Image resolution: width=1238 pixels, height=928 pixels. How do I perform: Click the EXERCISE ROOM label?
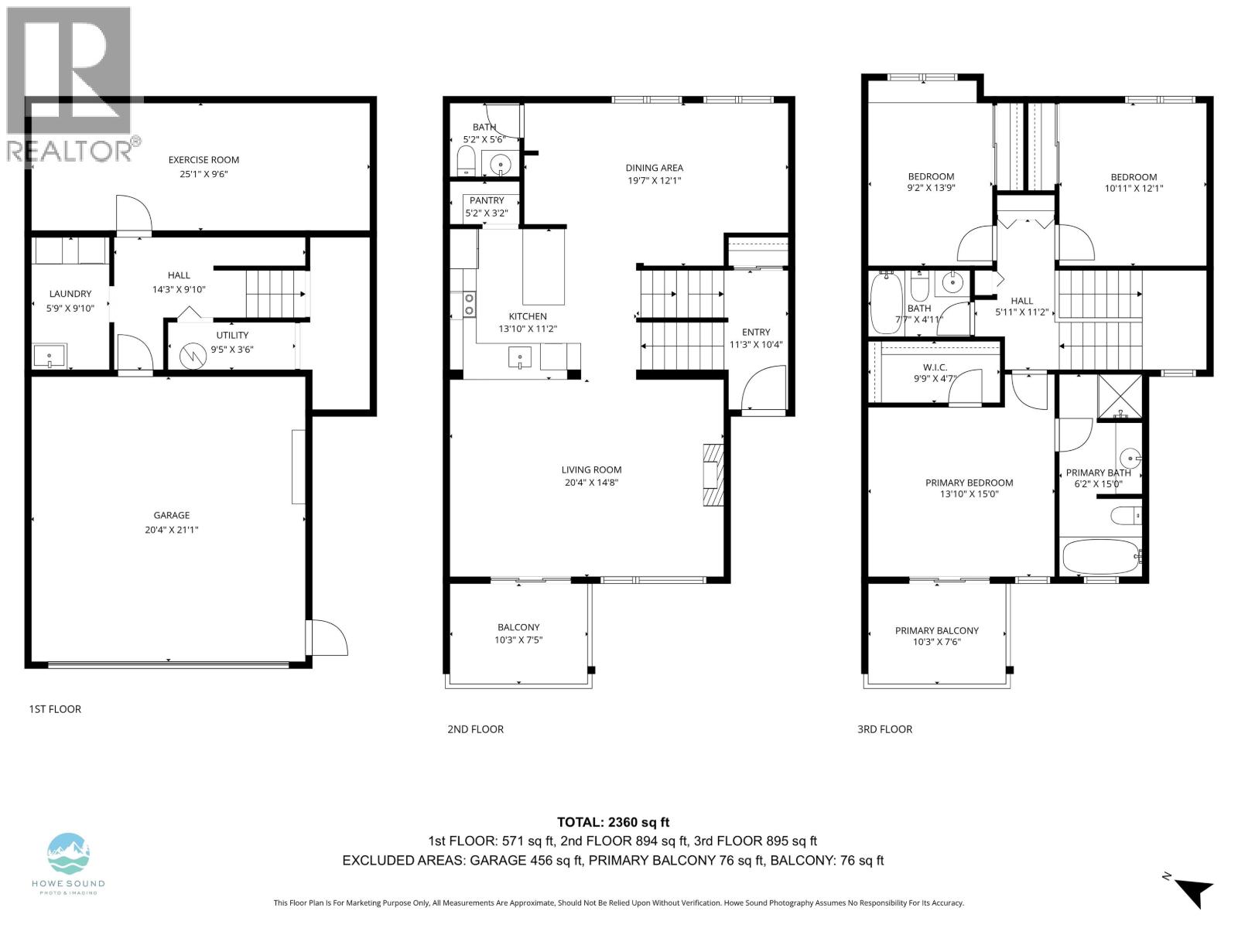(203, 160)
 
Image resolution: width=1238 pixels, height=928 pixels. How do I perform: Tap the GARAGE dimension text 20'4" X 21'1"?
(171, 530)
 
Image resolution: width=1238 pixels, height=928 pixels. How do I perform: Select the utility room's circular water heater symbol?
(190, 356)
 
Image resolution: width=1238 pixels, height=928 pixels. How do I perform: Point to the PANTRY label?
(487, 200)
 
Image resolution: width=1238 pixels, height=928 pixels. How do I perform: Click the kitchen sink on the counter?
(520, 357)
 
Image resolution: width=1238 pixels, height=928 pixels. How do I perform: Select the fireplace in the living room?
(712, 474)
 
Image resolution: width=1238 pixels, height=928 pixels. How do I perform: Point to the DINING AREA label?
(654, 168)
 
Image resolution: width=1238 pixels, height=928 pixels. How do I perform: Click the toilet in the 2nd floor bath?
(466, 160)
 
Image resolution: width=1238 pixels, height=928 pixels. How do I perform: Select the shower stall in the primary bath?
(1120, 397)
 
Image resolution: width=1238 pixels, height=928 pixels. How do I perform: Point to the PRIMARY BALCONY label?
(936, 630)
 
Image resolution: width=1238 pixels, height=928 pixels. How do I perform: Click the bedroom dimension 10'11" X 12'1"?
(1134, 188)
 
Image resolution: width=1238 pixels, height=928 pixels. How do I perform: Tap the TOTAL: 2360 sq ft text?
(613, 822)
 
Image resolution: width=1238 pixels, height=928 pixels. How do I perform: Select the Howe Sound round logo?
(69, 853)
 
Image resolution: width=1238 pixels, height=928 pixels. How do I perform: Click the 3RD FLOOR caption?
(884, 728)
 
